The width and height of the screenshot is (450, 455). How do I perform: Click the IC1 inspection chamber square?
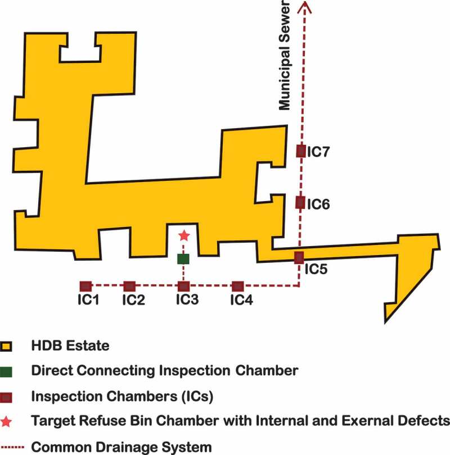pyautogui.click(x=85, y=286)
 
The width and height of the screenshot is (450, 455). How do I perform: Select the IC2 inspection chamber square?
pyautogui.click(x=129, y=286)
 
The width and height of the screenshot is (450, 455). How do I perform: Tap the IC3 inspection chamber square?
pyautogui.click(x=183, y=286)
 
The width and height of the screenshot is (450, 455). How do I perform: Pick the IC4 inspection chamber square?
pyautogui.click(x=237, y=286)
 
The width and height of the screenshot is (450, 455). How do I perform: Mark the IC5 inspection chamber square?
pyautogui.click(x=299, y=258)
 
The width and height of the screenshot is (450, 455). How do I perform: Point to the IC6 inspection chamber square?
pyautogui.click(x=300, y=202)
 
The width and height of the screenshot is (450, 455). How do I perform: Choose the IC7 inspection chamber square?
pyautogui.click(x=300, y=151)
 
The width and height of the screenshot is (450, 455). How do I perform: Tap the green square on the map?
pyautogui.click(x=183, y=259)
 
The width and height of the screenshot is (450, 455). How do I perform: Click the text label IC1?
pyautogui.click(x=88, y=301)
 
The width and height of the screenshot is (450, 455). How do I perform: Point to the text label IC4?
pyautogui.click(x=241, y=301)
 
